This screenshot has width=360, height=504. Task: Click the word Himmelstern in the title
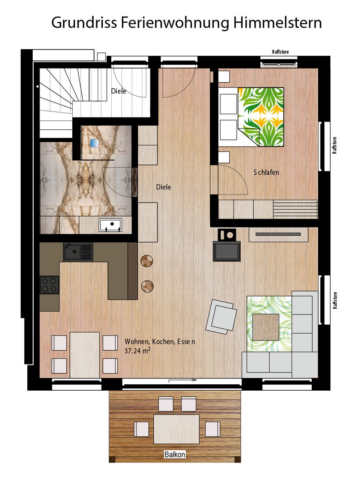[277, 23]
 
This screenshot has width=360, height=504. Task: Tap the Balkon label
[175, 454]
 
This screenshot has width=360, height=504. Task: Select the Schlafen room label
[266, 172]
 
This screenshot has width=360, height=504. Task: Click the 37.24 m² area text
[137, 351]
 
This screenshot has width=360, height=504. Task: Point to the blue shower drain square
[94, 143]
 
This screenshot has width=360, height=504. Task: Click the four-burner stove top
[50, 285]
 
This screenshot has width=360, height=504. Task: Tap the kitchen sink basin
[72, 252]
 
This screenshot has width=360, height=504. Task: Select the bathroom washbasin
[110, 225]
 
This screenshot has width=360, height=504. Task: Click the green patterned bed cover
[261, 117]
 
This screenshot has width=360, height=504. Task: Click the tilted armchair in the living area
[221, 317]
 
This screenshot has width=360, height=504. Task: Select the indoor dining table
[84, 355]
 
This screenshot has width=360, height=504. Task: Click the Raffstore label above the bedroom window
[280, 52]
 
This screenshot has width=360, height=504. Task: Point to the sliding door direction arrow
[182, 380]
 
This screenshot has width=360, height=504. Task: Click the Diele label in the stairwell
[118, 91]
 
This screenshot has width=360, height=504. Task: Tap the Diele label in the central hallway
[163, 187]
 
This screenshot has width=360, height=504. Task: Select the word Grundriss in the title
[84, 23]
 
